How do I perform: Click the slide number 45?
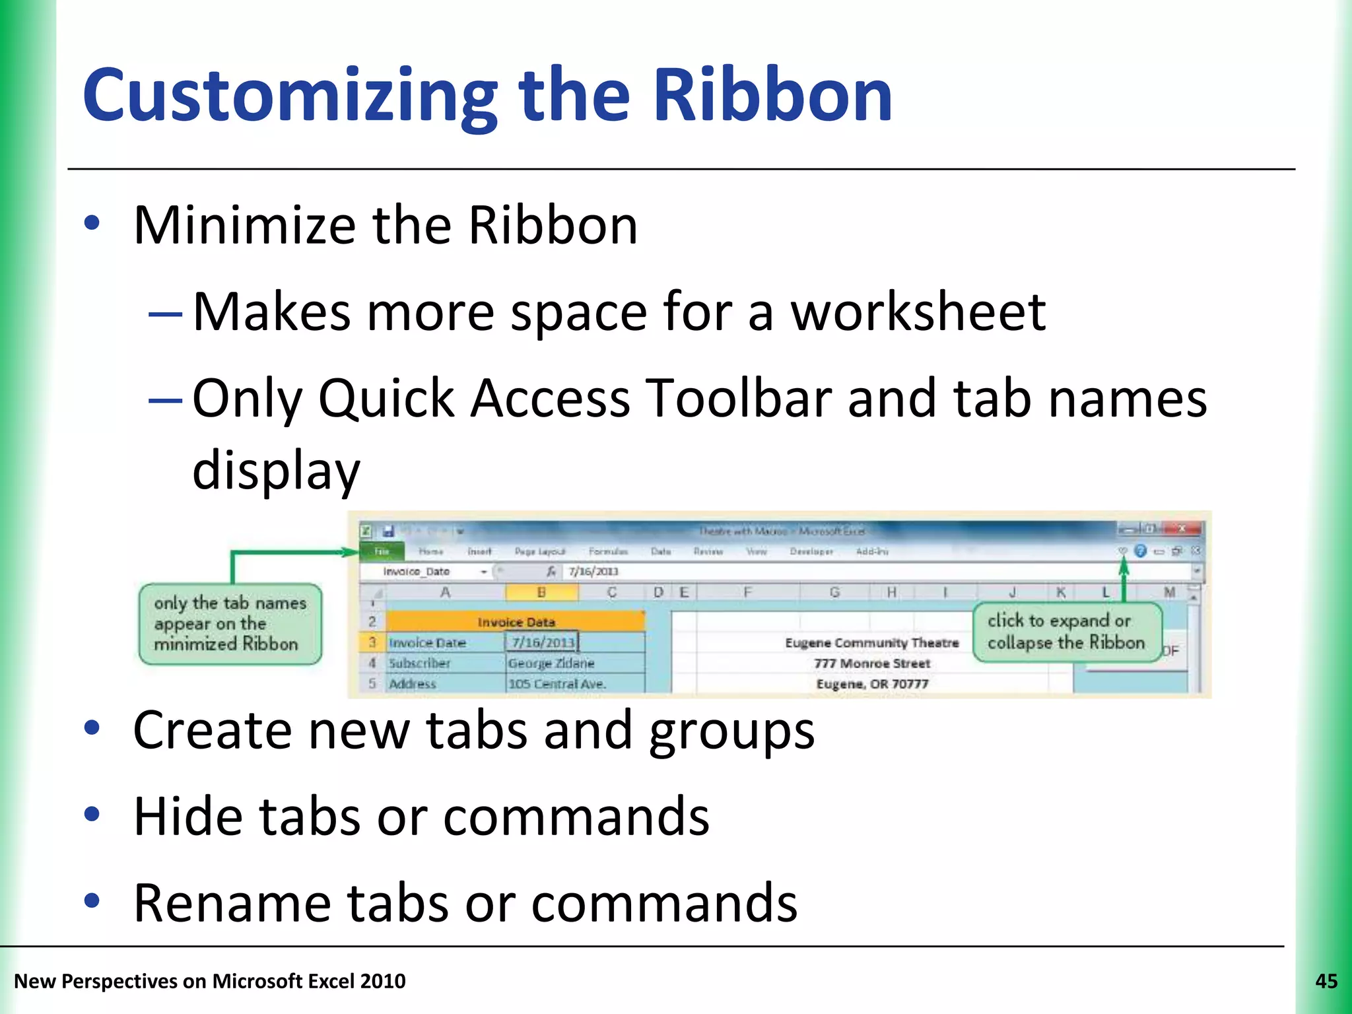tap(1326, 981)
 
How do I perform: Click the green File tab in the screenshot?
tap(382, 551)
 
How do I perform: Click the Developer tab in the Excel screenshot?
tap(811, 551)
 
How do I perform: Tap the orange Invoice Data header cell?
tap(515, 622)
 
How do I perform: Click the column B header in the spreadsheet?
tap(541, 592)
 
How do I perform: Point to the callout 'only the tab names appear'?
tap(230, 623)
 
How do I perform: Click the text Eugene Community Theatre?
tap(871, 642)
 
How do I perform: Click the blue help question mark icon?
tap(1140, 551)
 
